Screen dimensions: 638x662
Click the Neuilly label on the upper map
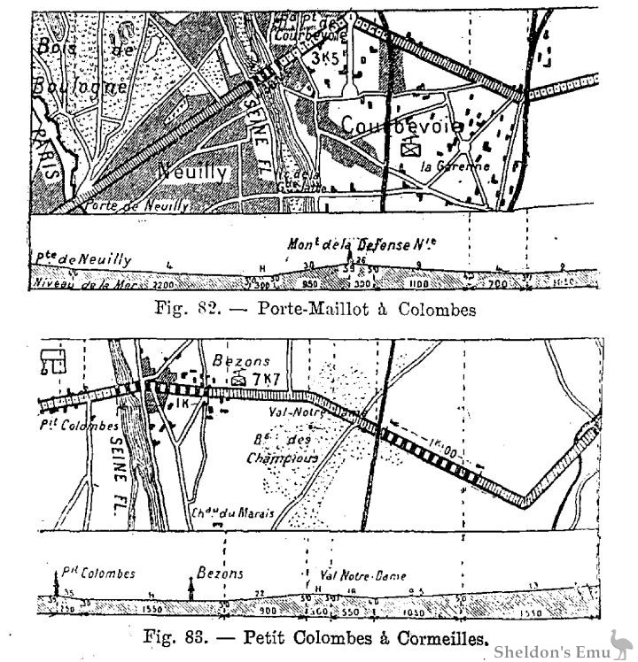point(194,173)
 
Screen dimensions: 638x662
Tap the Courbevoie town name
point(404,125)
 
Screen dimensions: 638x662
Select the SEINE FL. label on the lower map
point(123,468)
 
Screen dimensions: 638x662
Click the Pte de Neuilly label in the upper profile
point(84,259)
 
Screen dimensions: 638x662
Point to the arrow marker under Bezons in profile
point(191,588)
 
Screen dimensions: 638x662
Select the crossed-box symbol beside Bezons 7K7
point(238,379)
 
